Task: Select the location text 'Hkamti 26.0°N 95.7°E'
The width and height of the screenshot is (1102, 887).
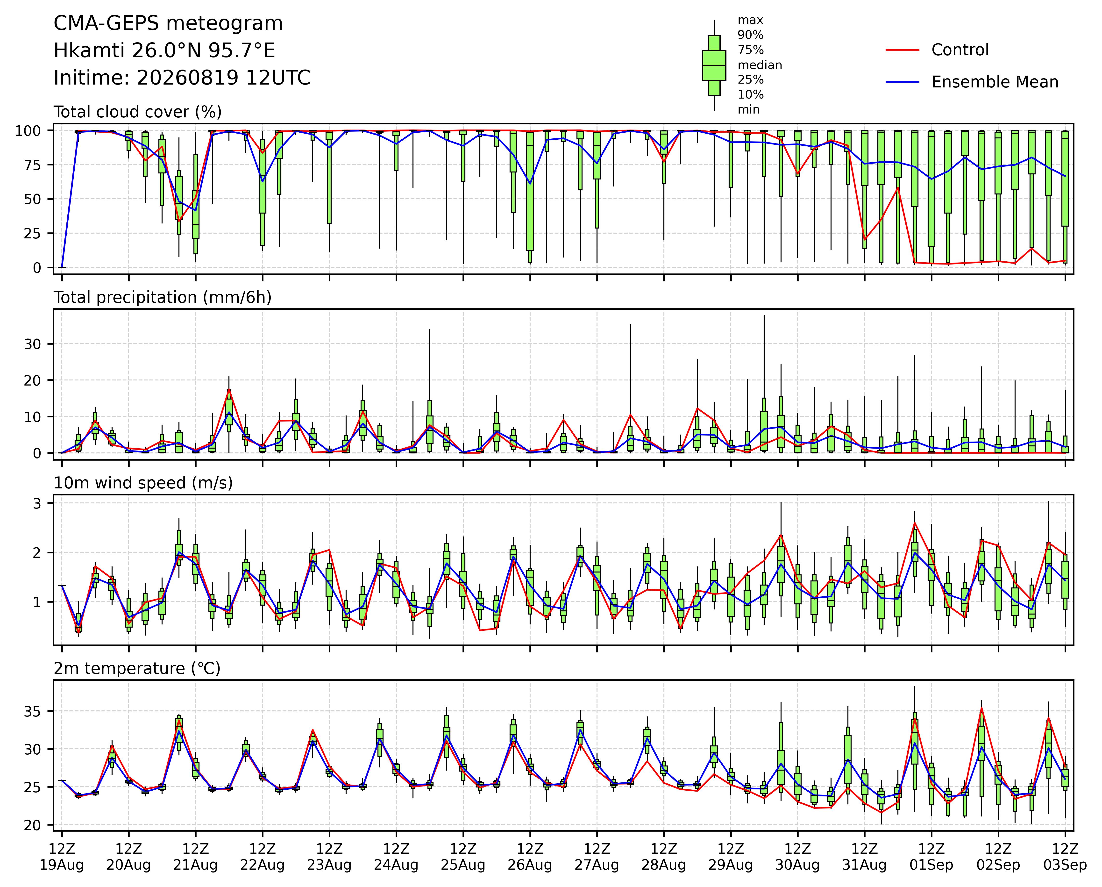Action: click(x=164, y=51)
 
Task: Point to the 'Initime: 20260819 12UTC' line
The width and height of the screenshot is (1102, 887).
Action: click(x=182, y=78)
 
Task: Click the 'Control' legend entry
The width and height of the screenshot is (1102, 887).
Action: click(x=960, y=50)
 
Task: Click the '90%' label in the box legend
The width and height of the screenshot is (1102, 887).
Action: click(x=750, y=35)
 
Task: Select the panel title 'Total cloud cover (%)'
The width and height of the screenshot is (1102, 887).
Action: click(x=137, y=112)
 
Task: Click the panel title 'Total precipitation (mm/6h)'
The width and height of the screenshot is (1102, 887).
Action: click(x=163, y=298)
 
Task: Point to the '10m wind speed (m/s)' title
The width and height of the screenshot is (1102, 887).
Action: click(x=143, y=483)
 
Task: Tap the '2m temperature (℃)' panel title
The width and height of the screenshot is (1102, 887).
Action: click(x=137, y=669)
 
